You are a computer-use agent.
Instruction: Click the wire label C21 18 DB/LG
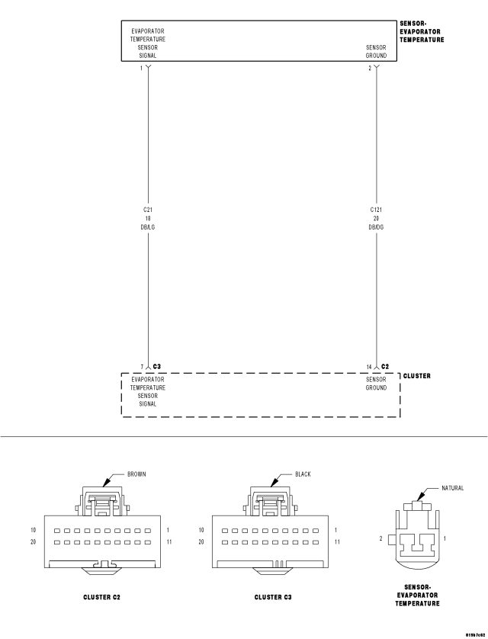pyautogui.click(x=148, y=217)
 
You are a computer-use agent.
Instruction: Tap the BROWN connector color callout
pyautogui.click(x=137, y=474)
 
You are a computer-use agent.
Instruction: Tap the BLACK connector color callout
pyautogui.click(x=303, y=474)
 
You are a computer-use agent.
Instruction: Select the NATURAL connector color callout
pyautogui.click(x=452, y=488)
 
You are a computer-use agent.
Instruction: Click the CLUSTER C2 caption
pyautogui.click(x=101, y=597)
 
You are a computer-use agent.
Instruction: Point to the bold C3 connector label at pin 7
pyautogui.click(x=158, y=367)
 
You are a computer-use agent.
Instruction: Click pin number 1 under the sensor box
pyautogui.click(x=141, y=69)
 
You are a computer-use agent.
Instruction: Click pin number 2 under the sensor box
pyautogui.click(x=370, y=69)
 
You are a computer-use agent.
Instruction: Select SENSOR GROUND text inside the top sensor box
pyautogui.click(x=376, y=51)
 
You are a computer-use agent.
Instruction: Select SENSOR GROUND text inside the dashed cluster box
pyautogui.click(x=376, y=384)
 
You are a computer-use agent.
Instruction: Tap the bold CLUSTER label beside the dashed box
pyautogui.click(x=416, y=376)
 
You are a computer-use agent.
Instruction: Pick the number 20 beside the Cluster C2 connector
pyautogui.click(x=33, y=542)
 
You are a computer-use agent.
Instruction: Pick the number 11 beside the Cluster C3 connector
pyautogui.click(x=337, y=542)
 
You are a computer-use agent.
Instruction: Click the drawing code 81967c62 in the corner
pyautogui.click(x=473, y=634)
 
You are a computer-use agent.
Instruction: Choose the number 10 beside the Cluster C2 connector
pyautogui.click(x=33, y=529)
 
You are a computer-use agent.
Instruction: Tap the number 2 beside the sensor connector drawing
pyautogui.click(x=381, y=538)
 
